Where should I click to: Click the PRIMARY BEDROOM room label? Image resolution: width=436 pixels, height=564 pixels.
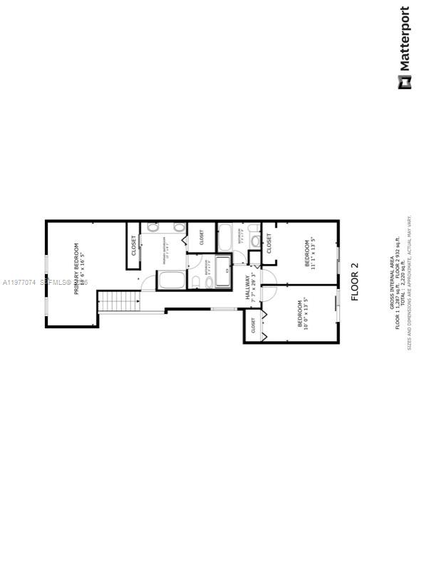point(76,265)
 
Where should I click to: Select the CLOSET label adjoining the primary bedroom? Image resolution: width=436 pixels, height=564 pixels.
point(133,246)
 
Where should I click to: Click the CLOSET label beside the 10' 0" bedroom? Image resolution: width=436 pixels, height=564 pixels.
point(254,326)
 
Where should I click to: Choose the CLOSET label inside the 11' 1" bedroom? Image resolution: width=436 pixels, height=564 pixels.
point(269,244)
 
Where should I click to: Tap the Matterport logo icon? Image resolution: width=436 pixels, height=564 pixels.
point(404,83)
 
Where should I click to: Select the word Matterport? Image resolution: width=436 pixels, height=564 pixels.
point(404,38)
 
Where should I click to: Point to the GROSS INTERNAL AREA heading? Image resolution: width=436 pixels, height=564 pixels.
point(391,286)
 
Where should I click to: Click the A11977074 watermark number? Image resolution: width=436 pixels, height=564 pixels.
point(20,283)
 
